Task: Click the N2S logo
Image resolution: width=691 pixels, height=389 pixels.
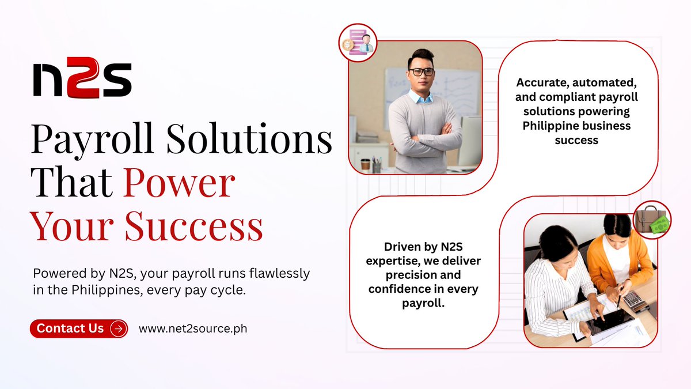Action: click(82, 80)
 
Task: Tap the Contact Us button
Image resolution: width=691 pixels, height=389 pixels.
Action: click(78, 328)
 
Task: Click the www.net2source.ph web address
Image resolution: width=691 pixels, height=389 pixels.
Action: click(193, 328)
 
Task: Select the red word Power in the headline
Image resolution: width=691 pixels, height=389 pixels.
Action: click(179, 184)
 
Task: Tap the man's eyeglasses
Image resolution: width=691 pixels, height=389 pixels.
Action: click(422, 72)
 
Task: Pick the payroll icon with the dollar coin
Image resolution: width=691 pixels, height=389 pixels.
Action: click(358, 43)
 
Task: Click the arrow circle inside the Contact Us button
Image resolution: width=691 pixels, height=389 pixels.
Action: click(119, 328)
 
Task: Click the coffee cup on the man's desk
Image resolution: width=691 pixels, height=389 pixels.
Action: click(365, 164)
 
